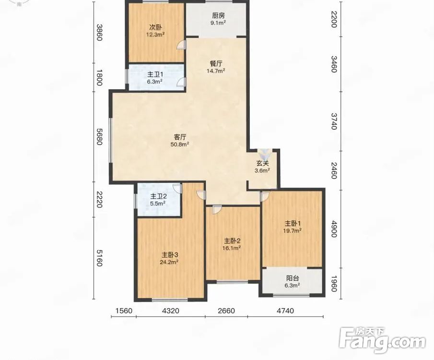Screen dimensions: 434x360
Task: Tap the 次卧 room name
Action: (x=155, y=27)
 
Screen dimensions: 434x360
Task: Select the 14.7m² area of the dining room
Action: (x=216, y=71)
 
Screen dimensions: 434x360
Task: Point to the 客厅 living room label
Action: (x=180, y=137)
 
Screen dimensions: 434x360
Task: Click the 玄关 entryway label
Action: (x=262, y=164)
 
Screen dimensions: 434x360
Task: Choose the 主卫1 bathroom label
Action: (x=155, y=74)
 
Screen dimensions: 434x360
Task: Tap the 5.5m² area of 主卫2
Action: (x=158, y=203)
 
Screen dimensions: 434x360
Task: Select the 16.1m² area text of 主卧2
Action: (x=231, y=248)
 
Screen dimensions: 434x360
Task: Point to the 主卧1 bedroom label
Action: (x=293, y=223)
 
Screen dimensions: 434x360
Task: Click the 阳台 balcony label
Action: (x=293, y=278)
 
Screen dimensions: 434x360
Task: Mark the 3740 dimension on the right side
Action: (x=333, y=121)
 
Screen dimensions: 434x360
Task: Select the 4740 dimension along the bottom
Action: (x=285, y=311)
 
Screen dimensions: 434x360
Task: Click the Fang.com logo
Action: (x=382, y=340)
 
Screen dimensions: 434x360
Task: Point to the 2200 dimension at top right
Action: (x=333, y=19)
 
